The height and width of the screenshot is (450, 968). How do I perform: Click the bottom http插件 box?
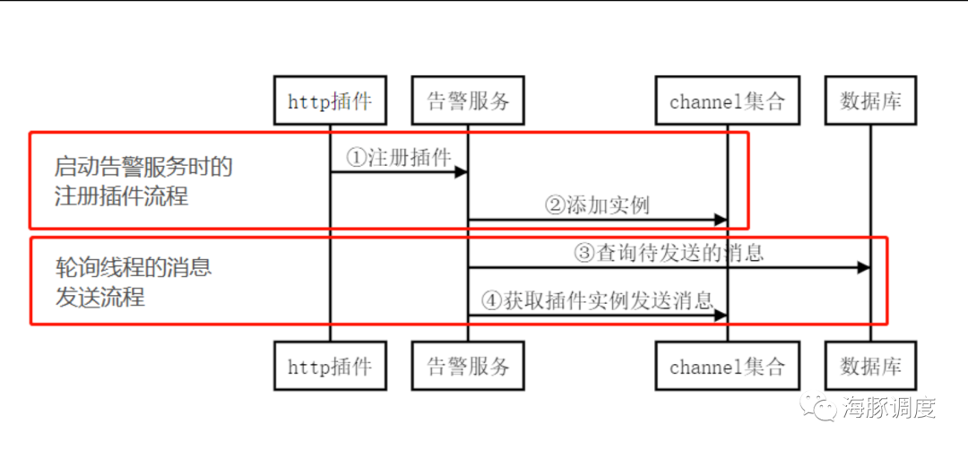[x=330, y=366]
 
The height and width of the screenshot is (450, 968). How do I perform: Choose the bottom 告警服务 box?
[x=468, y=366]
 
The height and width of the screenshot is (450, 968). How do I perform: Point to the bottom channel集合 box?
[x=727, y=366]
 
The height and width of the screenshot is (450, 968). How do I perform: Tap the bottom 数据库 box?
[x=870, y=366]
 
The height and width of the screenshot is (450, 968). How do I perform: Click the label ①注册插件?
[x=399, y=157]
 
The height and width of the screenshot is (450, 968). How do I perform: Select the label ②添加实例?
[x=597, y=205]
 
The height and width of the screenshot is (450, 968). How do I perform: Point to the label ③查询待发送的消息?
[x=669, y=253]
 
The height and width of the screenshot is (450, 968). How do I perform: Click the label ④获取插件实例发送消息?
[x=597, y=301]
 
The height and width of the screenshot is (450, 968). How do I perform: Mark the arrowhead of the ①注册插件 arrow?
[x=461, y=171]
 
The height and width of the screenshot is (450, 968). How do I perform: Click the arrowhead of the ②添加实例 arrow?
[x=720, y=220]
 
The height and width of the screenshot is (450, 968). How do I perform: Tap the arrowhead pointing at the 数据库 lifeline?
[x=863, y=267]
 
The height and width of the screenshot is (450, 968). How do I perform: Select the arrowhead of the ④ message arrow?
[x=720, y=315]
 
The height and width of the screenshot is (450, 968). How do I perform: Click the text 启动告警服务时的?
[x=143, y=168]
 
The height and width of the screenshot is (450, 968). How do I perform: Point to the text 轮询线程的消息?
[x=134, y=268]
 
